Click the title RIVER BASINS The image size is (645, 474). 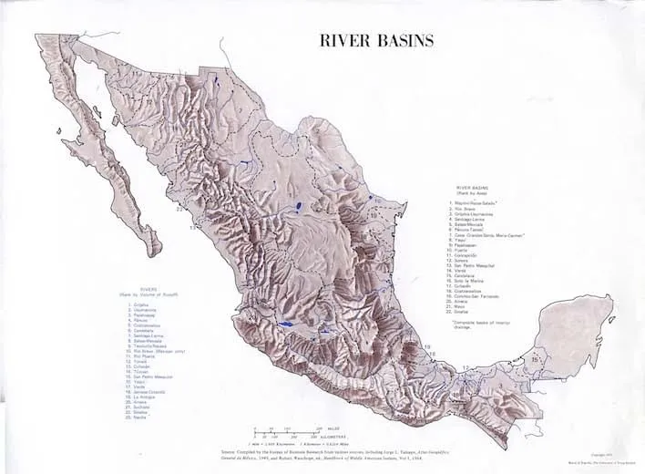375,40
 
